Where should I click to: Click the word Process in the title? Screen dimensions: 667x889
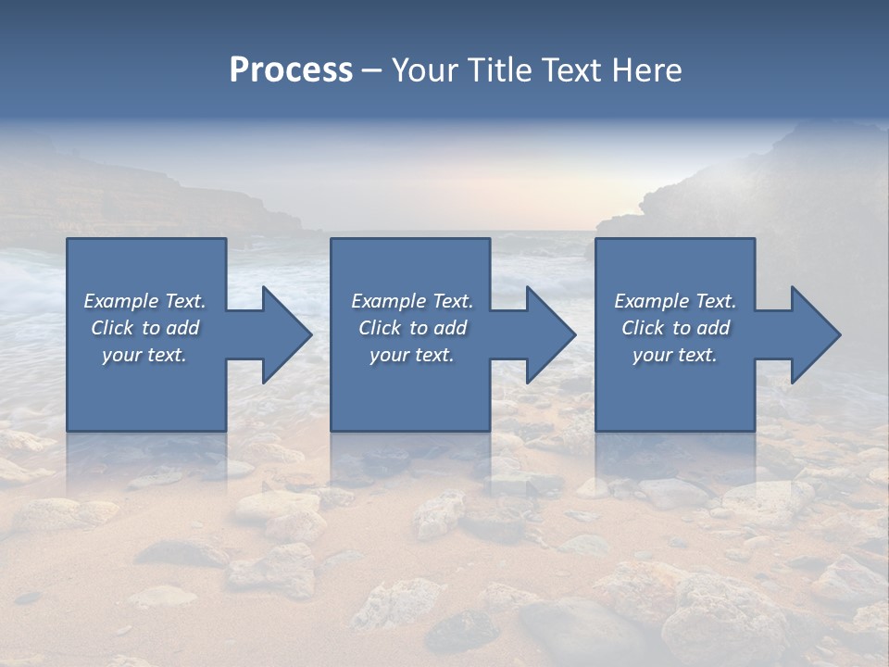(291, 70)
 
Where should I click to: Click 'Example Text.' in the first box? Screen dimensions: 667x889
(144, 301)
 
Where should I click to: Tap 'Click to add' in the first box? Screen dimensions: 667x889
(144, 328)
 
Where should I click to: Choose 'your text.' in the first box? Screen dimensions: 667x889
(144, 355)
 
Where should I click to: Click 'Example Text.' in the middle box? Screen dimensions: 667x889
(412, 301)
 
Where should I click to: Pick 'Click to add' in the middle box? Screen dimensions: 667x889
(412, 328)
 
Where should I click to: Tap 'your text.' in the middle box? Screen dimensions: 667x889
(412, 355)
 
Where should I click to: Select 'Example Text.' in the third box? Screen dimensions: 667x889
(675, 301)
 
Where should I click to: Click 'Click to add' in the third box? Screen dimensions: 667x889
(675, 328)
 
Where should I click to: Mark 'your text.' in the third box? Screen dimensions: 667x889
(675, 355)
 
